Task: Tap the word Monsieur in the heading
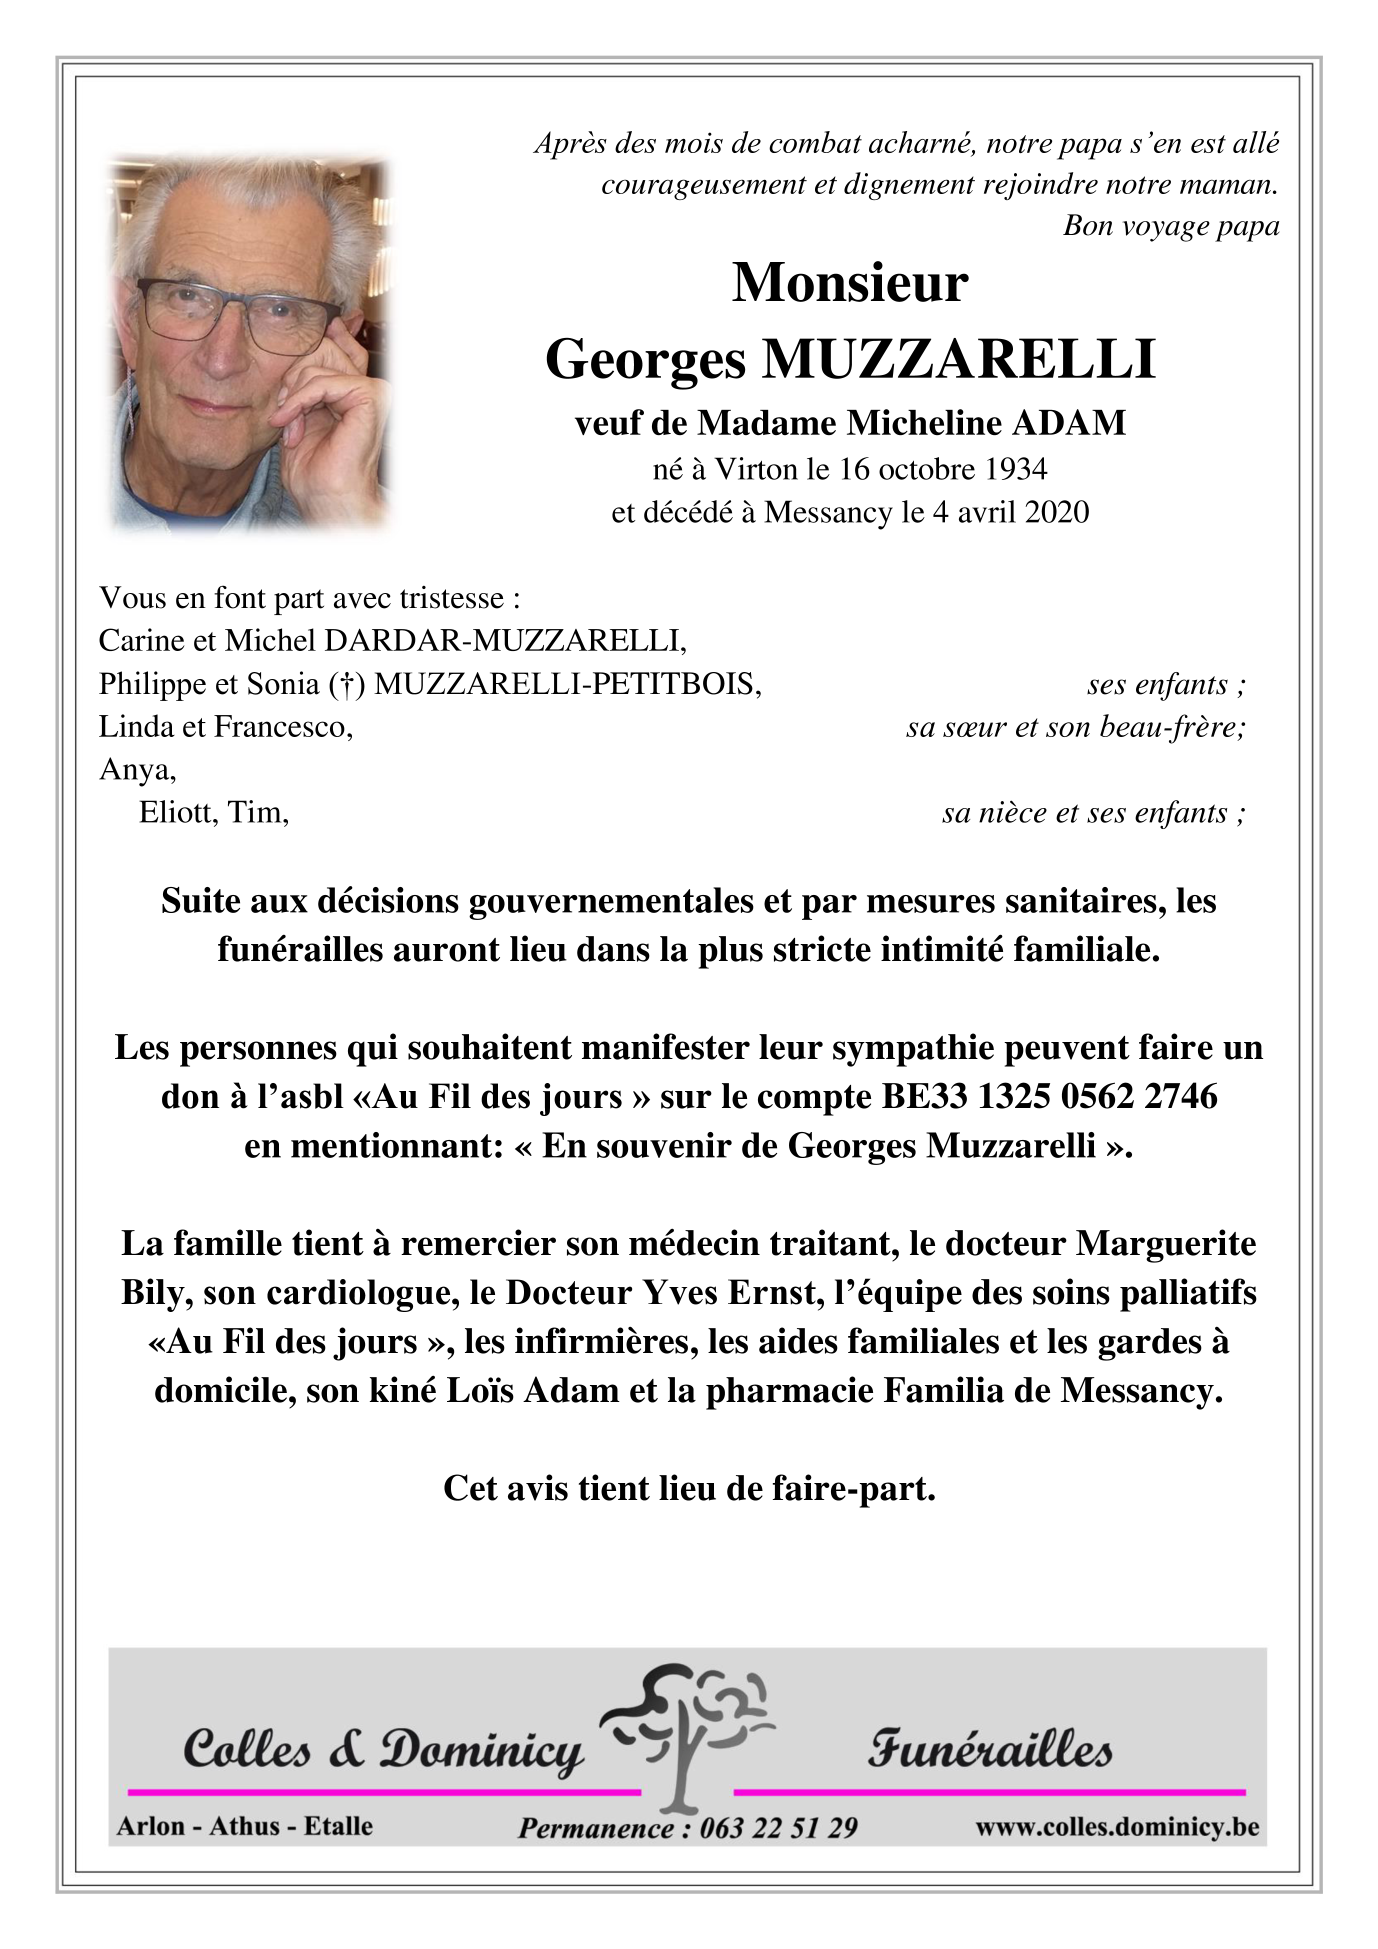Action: pyautogui.click(x=850, y=283)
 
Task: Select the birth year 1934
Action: pyautogui.click(x=1014, y=469)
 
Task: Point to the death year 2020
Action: pyautogui.click(x=1056, y=512)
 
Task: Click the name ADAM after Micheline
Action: pyautogui.click(x=1069, y=423)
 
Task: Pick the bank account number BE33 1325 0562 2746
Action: pyautogui.click(x=1049, y=1096)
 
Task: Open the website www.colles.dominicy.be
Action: pyautogui.click(x=1117, y=1826)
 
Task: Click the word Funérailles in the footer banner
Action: pyautogui.click(x=989, y=1750)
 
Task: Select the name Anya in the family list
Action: pyautogui.click(x=137, y=769)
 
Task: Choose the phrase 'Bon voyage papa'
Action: pyautogui.click(x=1171, y=226)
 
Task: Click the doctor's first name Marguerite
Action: pyautogui.click(x=1166, y=1243)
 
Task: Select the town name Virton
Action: pyautogui.click(x=756, y=469)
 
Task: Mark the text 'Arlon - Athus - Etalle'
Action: pyautogui.click(x=244, y=1826)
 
